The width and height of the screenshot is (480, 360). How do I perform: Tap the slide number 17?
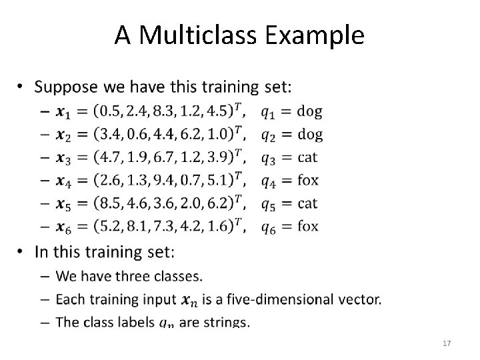click(447, 343)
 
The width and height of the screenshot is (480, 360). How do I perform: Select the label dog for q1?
click(309, 111)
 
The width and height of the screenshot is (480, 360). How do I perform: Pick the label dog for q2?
click(309, 134)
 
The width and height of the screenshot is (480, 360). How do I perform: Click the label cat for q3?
click(308, 157)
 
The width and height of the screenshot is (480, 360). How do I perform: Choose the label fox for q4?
click(308, 180)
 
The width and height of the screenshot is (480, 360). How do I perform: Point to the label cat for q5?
click(308, 203)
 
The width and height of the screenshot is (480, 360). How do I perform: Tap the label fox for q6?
click(308, 227)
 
